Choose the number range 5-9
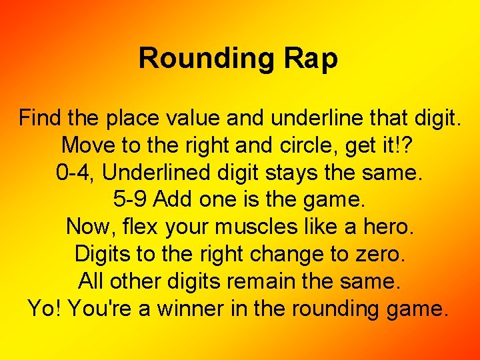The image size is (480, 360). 128,200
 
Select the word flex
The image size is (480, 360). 139,227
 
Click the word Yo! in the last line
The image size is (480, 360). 45,309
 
